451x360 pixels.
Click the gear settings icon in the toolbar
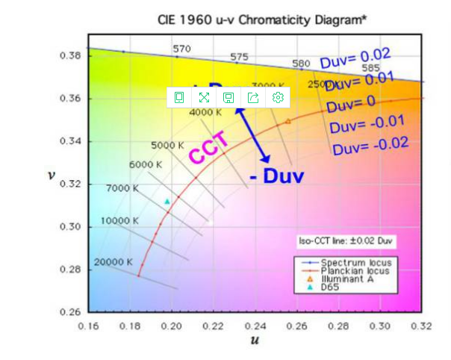coord(279,97)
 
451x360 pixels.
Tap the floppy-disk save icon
coord(228,97)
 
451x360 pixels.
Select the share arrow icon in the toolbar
coord(253,97)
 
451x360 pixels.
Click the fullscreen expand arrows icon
coord(204,97)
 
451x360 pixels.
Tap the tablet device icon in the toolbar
coord(179,97)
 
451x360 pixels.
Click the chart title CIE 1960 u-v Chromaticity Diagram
coord(261,20)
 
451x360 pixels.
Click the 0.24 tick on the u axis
coord(255,326)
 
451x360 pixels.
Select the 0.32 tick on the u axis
coord(422,326)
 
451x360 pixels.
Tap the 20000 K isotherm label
coord(113,262)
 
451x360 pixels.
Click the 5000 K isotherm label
coord(167,145)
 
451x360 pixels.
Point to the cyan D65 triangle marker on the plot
coord(167,202)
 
